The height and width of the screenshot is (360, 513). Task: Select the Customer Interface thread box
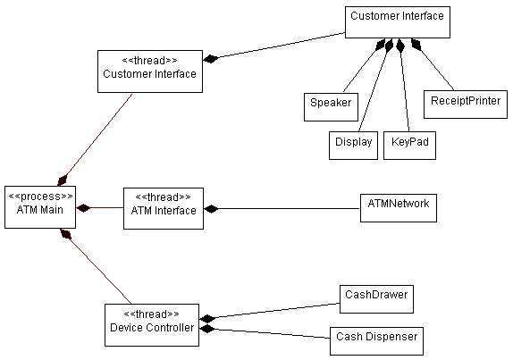click(149, 71)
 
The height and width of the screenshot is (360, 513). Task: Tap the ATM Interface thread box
click(163, 207)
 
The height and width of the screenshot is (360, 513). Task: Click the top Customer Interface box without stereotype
click(397, 22)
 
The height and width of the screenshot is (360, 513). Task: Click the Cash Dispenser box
click(374, 340)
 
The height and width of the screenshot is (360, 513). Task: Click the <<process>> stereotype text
click(40, 196)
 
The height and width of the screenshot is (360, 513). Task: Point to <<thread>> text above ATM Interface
click(163, 197)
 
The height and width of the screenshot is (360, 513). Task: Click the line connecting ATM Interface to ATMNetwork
click(286, 209)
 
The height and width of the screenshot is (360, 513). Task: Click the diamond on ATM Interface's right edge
click(211, 209)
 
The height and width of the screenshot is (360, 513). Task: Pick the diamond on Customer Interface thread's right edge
click(211, 60)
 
